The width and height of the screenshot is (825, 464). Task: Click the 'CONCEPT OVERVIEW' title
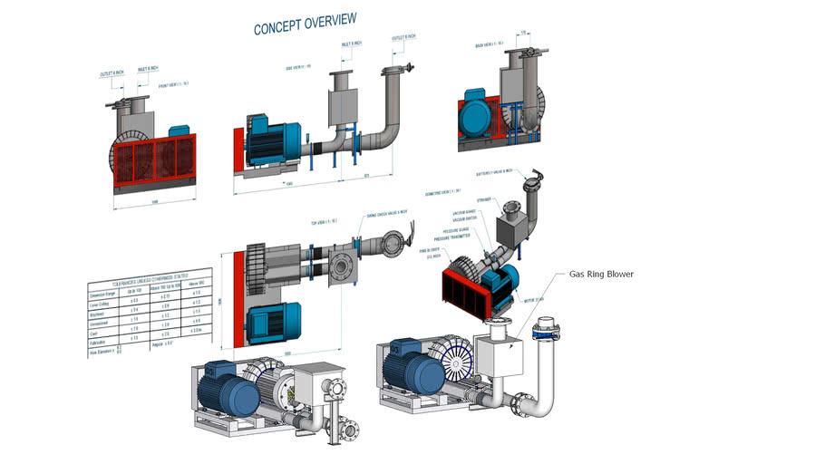305,24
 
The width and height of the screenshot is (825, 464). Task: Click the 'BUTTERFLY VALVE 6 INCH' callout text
495,171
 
